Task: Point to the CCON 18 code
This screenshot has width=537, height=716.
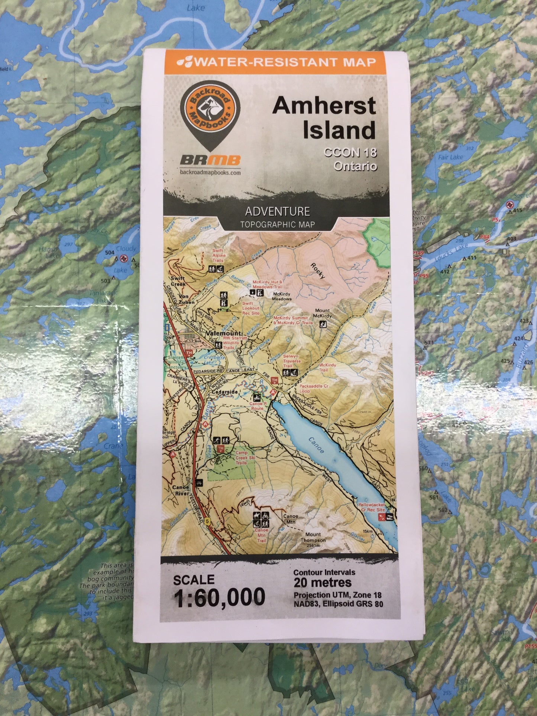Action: tap(350, 153)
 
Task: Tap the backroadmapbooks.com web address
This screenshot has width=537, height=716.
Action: tap(210, 172)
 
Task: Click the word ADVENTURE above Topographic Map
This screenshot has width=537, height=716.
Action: tap(277, 211)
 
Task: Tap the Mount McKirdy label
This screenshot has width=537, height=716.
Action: tap(322, 313)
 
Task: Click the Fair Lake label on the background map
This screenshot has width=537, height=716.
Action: tap(450, 157)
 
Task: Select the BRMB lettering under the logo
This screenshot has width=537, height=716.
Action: tap(210, 160)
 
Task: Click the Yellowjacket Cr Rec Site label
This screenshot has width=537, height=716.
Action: tap(371, 508)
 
